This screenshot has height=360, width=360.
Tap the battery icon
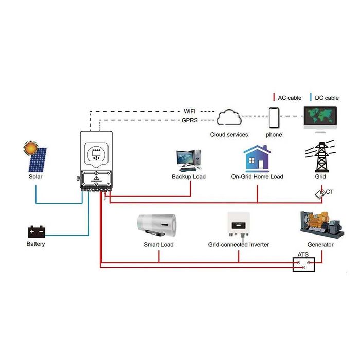[x=36, y=231]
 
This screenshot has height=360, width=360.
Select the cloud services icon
[x=229, y=117]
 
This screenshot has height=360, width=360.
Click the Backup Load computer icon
[x=188, y=160]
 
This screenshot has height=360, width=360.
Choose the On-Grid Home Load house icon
[x=257, y=158]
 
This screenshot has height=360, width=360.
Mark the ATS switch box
[x=303, y=264]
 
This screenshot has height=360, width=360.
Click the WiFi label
[x=190, y=111]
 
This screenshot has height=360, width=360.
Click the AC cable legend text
[x=289, y=98]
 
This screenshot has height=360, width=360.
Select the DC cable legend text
[x=325, y=98]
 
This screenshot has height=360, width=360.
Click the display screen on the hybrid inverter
[x=96, y=153]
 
